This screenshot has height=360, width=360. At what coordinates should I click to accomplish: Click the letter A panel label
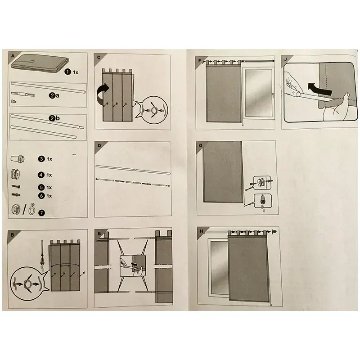(13, 56)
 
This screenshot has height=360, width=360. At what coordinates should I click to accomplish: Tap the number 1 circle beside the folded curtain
(68, 72)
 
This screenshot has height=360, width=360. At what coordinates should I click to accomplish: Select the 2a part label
(54, 95)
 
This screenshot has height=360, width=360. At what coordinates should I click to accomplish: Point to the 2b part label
(54, 118)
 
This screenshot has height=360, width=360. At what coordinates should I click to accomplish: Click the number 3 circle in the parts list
(41, 159)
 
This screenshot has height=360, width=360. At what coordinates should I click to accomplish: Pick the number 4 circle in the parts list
(41, 175)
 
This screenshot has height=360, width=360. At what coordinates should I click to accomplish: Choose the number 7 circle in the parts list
(41, 213)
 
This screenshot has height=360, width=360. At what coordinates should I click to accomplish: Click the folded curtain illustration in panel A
(40, 64)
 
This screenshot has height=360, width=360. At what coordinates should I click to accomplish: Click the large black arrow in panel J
(319, 89)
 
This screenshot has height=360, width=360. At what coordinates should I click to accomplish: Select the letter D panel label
(99, 145)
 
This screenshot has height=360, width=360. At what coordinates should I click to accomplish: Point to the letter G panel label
(201, 145)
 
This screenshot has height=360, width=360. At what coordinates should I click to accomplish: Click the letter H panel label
(202, 231)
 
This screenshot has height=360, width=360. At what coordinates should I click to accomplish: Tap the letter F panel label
(199, 61)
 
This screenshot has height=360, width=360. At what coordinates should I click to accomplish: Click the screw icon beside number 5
(16, 187)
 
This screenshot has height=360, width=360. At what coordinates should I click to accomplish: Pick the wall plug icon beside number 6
(16, 195)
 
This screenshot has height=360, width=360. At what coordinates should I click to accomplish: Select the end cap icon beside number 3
(18, 159)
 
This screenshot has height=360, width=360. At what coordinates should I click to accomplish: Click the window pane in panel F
(258, 93)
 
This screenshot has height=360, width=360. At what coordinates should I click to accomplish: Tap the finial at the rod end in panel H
(274, 232)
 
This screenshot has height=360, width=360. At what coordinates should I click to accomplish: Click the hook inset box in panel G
(263, 201)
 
